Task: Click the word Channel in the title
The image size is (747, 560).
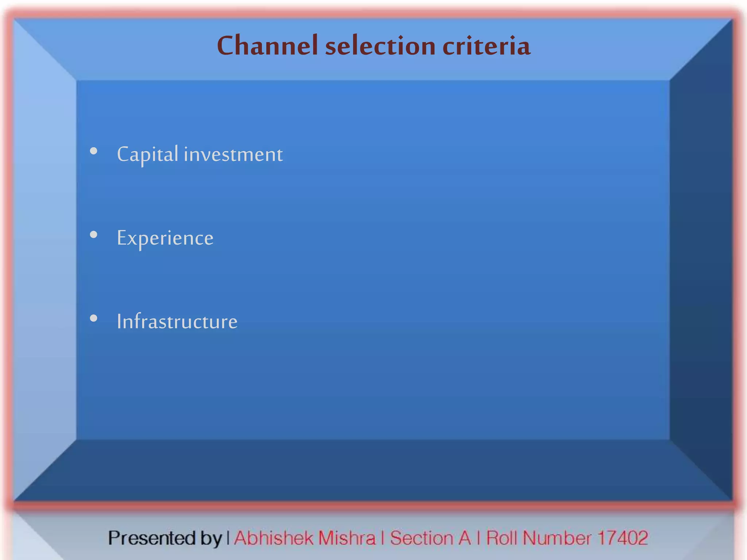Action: click(267, 46)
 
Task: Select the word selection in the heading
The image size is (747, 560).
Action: click(380, 46)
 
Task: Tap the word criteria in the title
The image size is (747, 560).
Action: click(486, 46)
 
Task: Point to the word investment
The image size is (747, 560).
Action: click(233, 154)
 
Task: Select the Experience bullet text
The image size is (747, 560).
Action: click(165, 238)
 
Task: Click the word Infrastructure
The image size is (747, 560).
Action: click(177, 322)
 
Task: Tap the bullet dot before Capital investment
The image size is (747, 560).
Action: click(94, 151)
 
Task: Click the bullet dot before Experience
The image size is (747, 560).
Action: click(94, 235)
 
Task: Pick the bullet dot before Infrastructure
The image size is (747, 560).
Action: click(94, 318)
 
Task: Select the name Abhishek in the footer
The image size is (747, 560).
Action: click(274, 538)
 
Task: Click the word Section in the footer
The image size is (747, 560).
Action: click(421, 538)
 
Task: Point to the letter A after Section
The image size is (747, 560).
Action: click(464, 538)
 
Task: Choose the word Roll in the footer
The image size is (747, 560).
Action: click(502, 538)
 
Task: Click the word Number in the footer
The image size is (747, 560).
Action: click(557, 538)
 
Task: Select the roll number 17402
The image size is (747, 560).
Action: click(623, 538)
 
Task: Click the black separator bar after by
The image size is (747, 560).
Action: click(228, 538)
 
